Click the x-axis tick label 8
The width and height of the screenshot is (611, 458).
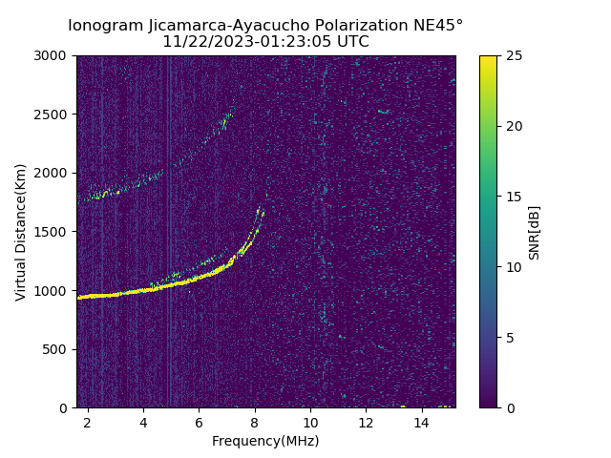click(255, 422)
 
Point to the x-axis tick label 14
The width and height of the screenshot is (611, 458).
click(421, 422)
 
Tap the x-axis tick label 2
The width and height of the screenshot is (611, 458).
click(88, 422)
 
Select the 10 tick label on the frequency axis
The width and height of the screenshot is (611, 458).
click(310, 422)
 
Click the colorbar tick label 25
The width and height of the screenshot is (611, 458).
click(513, 55)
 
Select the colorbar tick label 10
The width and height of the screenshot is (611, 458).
click(513, 267)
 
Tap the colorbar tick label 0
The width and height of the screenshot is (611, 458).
click(509, 407)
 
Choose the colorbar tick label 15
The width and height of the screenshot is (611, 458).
click(513, 197)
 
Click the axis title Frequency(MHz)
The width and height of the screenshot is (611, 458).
click(265, 441)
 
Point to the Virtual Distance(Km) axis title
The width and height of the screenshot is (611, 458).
click(20, 232)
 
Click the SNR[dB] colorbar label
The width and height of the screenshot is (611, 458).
click(535, 232)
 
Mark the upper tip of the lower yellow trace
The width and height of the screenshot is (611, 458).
click(258, 208)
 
